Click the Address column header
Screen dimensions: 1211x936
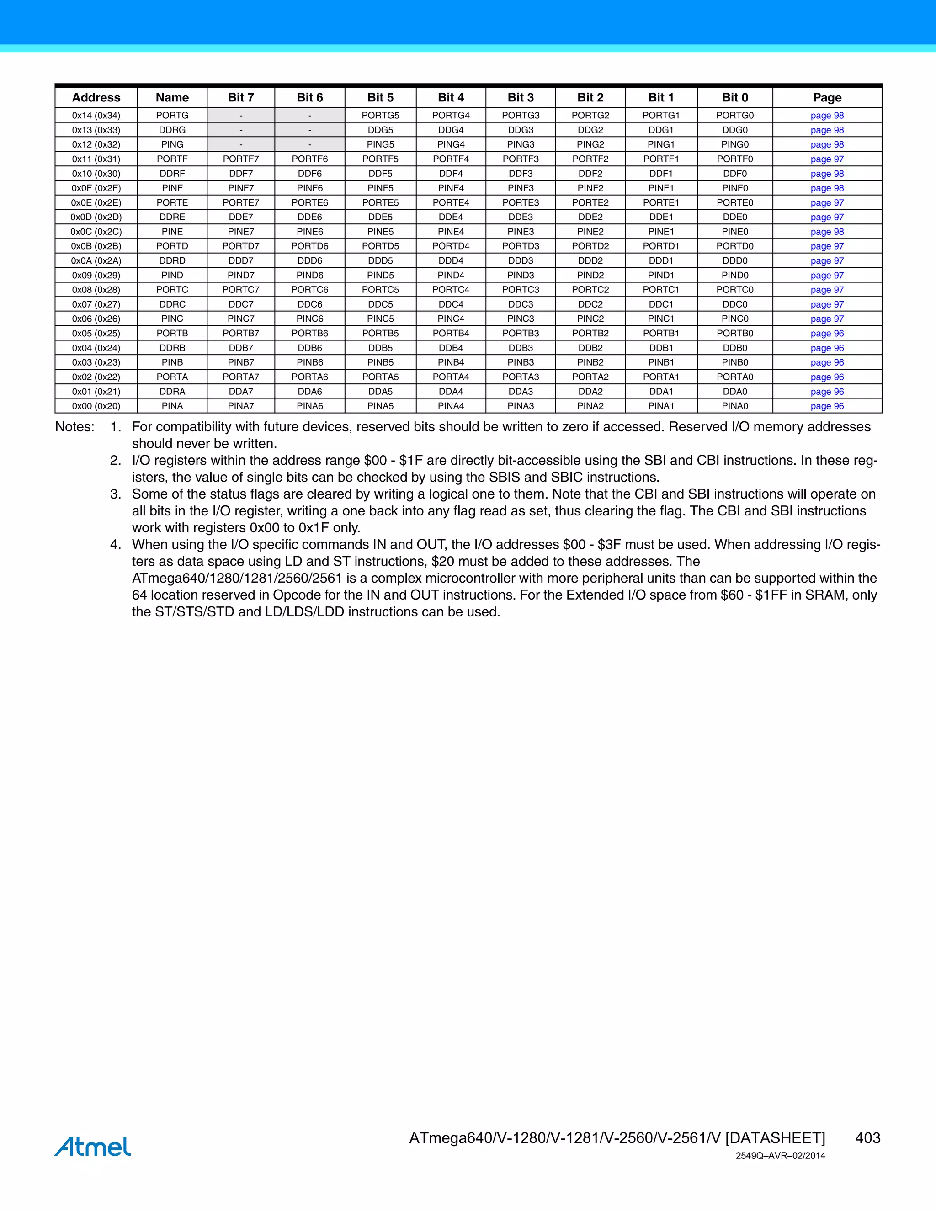pyautogui.click(x=96, y=98)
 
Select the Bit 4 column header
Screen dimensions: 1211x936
pyautogui.click(x=450, y=98)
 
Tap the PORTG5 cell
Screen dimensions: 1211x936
pyautogui.click(x=380, y=115)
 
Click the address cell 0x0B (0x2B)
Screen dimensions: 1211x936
pyautogui.click(x=96, y=246)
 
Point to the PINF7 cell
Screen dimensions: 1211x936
pyautogui.click(x=241, y=188)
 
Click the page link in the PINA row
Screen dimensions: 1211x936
pyautogui.click(x=827, y=406)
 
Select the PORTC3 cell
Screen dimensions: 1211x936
pyautogui.click(x=520, y=289)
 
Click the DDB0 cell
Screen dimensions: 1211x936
pyautogui.click(x=735, y=348)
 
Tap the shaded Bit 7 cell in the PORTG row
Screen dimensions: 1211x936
pyautogui.click(x=241, y=115)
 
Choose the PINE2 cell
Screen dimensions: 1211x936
pyautogui.click(x=590, y=232)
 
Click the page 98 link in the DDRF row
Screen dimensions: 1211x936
pyautogui.click(x=827, y=174)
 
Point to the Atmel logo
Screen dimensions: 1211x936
pyautogui.click(x=93, y=1146)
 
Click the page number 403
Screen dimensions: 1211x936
pyautogui.click(x=867, y=1138)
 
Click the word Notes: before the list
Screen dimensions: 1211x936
pyautogui.click(x=75, y=427)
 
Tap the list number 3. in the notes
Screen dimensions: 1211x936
pyautogui.click(x=115, y=494)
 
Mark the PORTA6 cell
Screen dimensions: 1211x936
pyautogui.click(x=309, y=377)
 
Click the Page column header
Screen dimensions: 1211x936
pyautogui.click(x=827, y=98)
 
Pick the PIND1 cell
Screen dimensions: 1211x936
pyautogui.click(x=661, y=275)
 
